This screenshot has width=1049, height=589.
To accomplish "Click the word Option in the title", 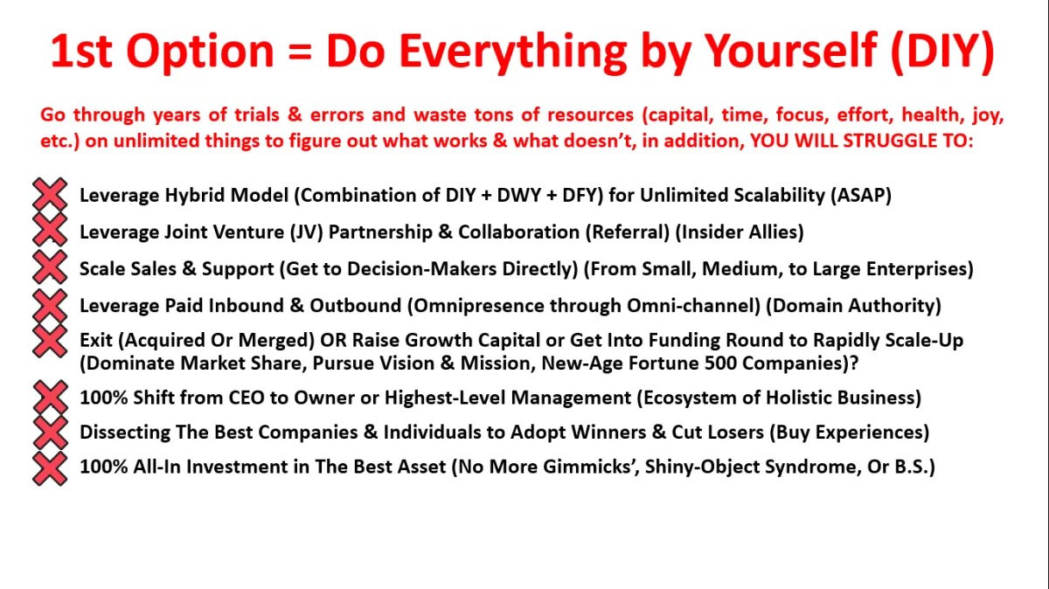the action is coord(200,52).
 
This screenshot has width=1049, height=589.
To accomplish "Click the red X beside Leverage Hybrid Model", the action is coord(50,194).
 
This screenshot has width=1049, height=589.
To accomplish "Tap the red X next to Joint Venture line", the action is coord(50,230).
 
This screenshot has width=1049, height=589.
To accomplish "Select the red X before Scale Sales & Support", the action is coord(50,267).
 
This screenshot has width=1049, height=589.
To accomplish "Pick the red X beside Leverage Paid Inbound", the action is coord(50,305).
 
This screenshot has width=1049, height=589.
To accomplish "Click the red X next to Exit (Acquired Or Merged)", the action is coord(50,342).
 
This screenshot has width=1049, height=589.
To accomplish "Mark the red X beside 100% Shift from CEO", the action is coord(51,397).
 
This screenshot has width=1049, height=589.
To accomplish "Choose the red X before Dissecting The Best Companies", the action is coord(51,433).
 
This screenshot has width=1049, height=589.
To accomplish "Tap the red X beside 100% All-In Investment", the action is coord(50,468).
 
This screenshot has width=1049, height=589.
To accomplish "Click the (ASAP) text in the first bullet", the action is coord(861,195).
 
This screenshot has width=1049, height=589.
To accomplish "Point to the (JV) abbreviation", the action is coord(306,232).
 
